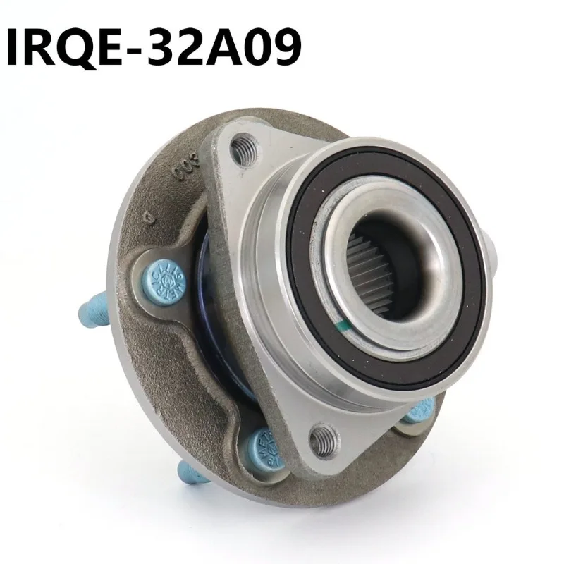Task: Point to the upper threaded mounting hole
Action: (x=244, y=149)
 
